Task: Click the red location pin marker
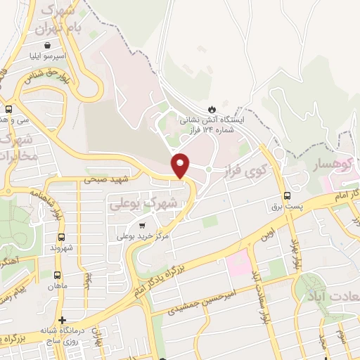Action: point(181,165)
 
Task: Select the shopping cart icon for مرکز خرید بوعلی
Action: point(142,226)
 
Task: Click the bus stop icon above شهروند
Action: point(62,237)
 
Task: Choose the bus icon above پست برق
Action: point(287,196)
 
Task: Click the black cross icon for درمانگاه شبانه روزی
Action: point(62,320)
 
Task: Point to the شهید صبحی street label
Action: point(99,180)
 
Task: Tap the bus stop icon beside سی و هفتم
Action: point(8,110)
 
